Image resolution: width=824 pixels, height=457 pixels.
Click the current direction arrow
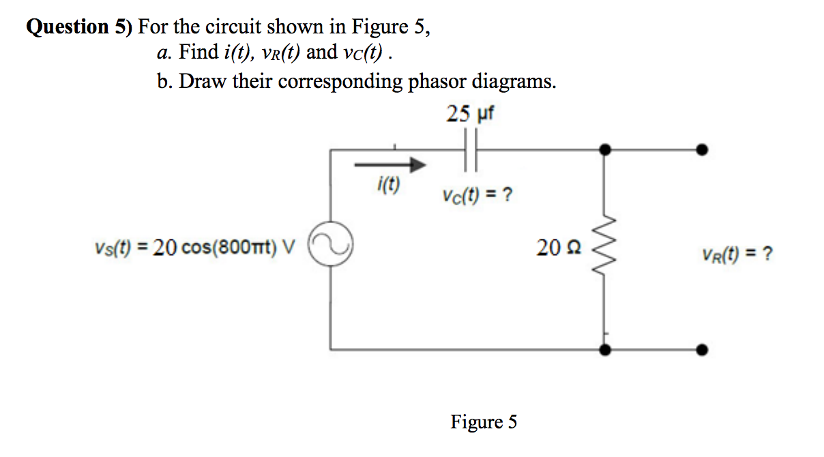tap(390, 164)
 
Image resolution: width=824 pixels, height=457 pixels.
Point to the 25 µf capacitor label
tap(470, 113)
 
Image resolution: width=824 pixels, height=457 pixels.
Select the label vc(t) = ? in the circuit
tap(477, 196)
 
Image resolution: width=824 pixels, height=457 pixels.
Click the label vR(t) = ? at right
tap(737, 255)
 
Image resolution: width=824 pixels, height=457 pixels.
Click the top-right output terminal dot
tap(703, 150)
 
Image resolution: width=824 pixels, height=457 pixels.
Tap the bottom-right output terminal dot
tap(703, 350)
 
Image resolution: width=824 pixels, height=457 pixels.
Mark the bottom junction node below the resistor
tap(604, 350)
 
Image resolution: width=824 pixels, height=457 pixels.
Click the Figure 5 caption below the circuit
tap(483, 422)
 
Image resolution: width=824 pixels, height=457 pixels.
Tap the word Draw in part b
tap(203, 82)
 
